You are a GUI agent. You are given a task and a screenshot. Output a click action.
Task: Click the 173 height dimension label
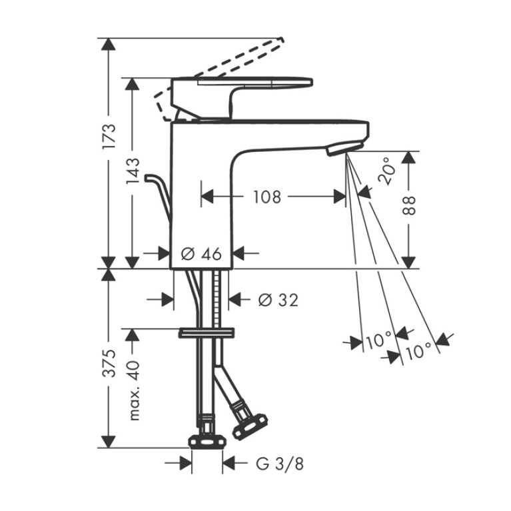point(109,136)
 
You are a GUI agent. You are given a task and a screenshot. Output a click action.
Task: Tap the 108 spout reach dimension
point(267,197)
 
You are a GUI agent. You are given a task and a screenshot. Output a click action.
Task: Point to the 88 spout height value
point(409,205)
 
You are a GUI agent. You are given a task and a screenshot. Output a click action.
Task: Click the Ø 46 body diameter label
point(201,254)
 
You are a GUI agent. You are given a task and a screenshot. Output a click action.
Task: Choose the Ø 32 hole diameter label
point(278,300)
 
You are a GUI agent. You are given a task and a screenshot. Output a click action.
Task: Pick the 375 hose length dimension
point(109,363)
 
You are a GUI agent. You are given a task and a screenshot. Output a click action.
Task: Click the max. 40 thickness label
point(134,390)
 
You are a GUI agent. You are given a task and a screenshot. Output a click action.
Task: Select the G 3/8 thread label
point(280,464)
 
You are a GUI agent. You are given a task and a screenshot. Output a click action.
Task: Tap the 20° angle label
point(388,171)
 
